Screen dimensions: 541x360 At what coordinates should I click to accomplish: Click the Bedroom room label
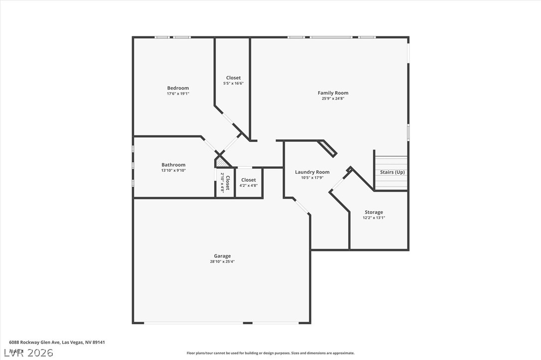(178, 88)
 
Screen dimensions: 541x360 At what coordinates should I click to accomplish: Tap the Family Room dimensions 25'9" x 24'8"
(333, 99)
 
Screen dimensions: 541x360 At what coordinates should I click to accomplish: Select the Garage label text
(222, 256)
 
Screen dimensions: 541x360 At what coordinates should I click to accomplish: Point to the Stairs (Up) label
(393, 172)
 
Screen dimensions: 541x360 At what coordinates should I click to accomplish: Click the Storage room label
(374, 212)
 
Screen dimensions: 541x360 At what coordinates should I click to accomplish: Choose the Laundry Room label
(312, 172)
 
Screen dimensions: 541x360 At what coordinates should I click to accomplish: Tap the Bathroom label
(173, 165)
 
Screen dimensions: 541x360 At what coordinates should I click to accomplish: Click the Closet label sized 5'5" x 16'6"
(233, 78)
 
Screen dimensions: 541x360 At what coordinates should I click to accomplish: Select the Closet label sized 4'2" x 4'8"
(249, 180)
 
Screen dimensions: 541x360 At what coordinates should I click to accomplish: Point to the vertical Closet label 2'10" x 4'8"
(227, 183)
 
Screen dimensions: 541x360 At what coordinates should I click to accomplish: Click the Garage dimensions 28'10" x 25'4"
(222, 261)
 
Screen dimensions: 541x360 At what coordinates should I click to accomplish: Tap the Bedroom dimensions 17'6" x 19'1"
(178, 94)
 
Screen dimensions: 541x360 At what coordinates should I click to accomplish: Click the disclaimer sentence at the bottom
(270, 353)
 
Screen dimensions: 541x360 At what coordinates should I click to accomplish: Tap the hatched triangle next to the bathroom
(222, 162)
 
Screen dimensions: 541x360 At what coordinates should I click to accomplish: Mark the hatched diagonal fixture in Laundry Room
(328, 148)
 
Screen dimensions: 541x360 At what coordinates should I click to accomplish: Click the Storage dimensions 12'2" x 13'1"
(374, 218)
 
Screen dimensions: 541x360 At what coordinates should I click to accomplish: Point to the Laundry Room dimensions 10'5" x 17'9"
(312, 178)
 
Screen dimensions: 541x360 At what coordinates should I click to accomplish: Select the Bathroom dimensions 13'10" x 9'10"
(173, 170)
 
